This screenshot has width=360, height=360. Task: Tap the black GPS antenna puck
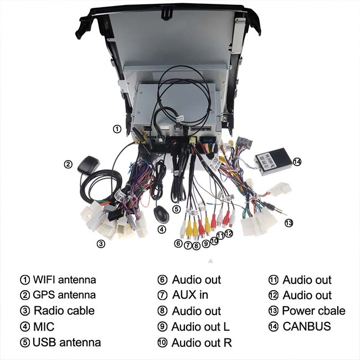click(x=89, y=166)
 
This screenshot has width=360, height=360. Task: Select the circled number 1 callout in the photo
click(x=117, y=129)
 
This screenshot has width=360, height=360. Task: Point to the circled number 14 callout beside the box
click(x=297, y=162)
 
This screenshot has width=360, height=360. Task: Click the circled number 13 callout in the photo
click(x=288, y=223)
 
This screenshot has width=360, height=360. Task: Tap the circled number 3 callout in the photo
click(x=101, y=244)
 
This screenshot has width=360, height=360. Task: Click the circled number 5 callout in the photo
click(x=176, y=209)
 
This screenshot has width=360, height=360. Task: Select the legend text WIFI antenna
click(x=64, y=280)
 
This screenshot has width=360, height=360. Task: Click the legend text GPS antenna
click(x=64, y=295)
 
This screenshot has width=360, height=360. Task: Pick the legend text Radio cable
click(x=64, y=311)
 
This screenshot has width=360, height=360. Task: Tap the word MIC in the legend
click(x=44, y=327)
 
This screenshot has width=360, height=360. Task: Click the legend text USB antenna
click(x=66, y=342)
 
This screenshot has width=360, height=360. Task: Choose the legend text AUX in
click(x=190, y=295)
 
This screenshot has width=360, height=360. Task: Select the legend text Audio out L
click(x=201, y=327)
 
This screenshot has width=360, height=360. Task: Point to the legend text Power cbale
click(x=313, y=311)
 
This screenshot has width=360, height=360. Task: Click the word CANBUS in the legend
click(x=307, y=326)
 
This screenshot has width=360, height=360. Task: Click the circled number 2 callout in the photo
click(x=68, y=164)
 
